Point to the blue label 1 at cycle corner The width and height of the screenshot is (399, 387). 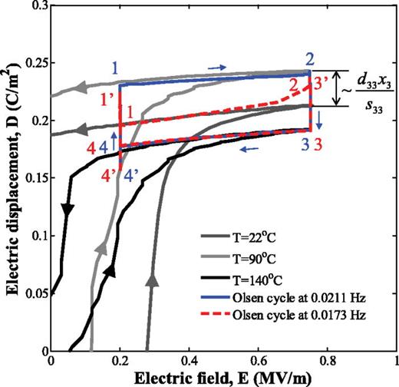[x=113, y=68]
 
